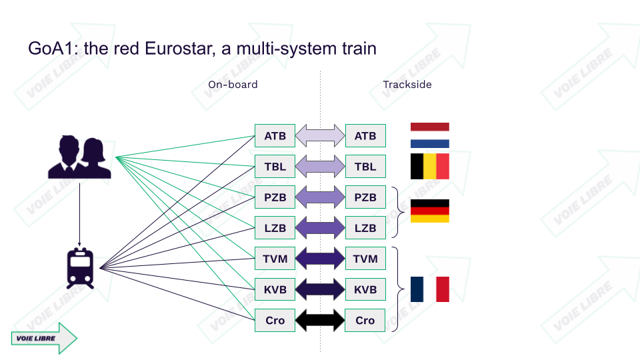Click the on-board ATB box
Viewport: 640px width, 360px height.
pyautogui.click(x=275, y=136)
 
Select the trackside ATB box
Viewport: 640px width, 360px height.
pyautogui.click(x=365, y=136)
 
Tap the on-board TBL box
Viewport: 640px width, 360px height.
pyautogui.click(x=275, y=167)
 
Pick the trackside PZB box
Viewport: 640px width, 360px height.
pyautogui.click(x=365, y=197)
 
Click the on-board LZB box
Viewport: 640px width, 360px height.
pyautogui.click(x=275, y=228)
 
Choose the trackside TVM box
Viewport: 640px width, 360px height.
pyautogui.click(x=365, y=259)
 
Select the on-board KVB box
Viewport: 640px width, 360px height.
pyautogui.click(x=275, y=289)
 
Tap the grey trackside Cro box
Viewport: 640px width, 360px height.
pyautogui.click(x=365, y=320)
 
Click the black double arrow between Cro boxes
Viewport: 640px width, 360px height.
pyautogui.click(x=320, y=320)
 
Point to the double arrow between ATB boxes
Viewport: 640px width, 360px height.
pyautogui.click(x=320, y=136)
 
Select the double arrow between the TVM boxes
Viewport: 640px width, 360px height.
pyautogui.click(x=320, y=259)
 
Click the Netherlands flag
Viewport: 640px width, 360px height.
pyautogui.click(x=429, y=135)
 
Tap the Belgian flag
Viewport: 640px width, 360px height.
pyautogui.click(x=429, y=167)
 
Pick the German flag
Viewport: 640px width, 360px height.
pyautogui.click(x=429, y=211)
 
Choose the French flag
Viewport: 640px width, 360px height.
pyautogui.click(x=429, y=289)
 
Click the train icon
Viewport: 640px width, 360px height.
pyautogui.click(x=80, y=267)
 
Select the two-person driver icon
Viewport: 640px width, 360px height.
pyautogui.click(x=79, y=157)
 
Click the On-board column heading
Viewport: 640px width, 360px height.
pyautogui.click(x=233, y=85)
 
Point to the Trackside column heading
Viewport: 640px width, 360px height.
pyautogui.click(x=407, y=85)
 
